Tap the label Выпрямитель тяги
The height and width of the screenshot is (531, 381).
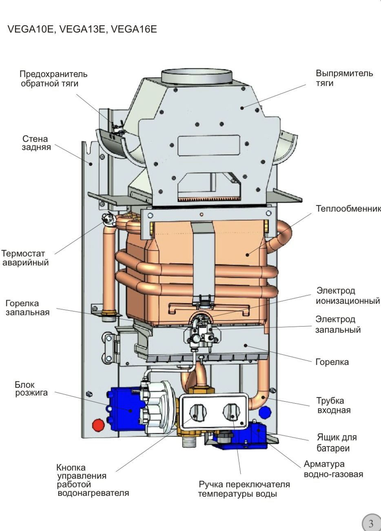pyautogui.click(x=344, y=78)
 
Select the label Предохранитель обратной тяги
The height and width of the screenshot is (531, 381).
pyautogui.click(x=53, y=79)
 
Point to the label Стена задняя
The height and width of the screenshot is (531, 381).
pyautogui.click(x=36, y=143)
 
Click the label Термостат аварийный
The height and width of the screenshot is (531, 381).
pyautogui.click(x=25, y=258)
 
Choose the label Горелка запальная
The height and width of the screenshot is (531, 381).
pyautogui.click(x=27, y=308)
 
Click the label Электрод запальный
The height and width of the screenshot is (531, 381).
pyautogui.click(x=338, y=325)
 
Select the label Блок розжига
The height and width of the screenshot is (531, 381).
pyautogui.click(x=31, y=389)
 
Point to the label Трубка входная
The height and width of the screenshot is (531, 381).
pyautogui.click(x=334, y=405)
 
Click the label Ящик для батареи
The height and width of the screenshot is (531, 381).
pyautogui.click(x=337, y=443)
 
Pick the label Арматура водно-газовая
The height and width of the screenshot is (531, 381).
pyautogui.click(x=333, y=469)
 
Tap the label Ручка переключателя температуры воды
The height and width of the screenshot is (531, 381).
pyautogui.click(x=244, y=489)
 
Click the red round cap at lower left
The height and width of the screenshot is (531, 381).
pyautogui.click(x=98, y=425)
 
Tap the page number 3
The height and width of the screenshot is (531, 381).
pyautogui.click(x=371, y=523)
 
